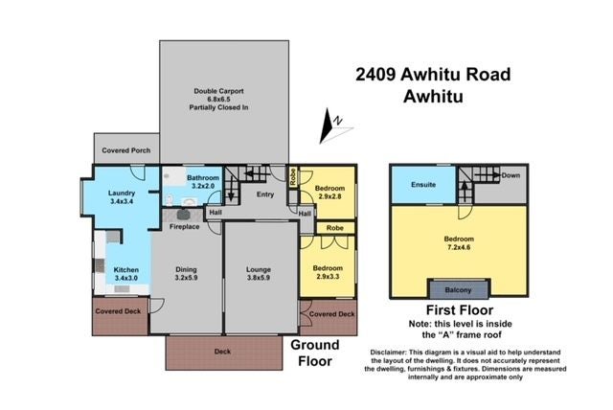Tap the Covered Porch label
coord(125,149)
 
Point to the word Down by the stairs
coord(511,176)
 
